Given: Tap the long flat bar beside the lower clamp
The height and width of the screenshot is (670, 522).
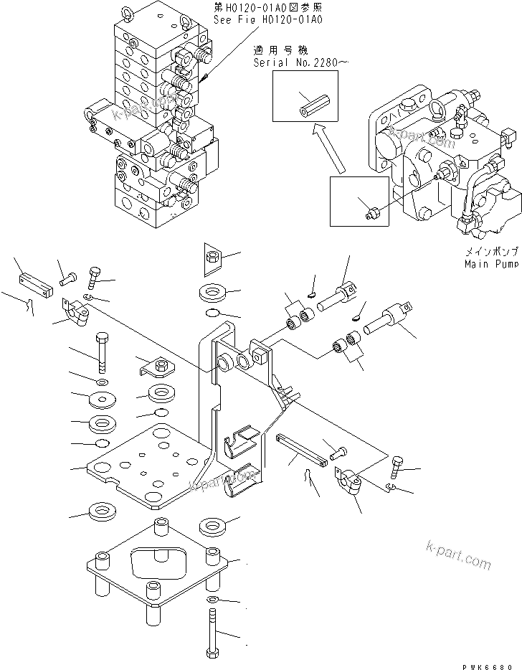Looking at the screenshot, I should tap(300, 450).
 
